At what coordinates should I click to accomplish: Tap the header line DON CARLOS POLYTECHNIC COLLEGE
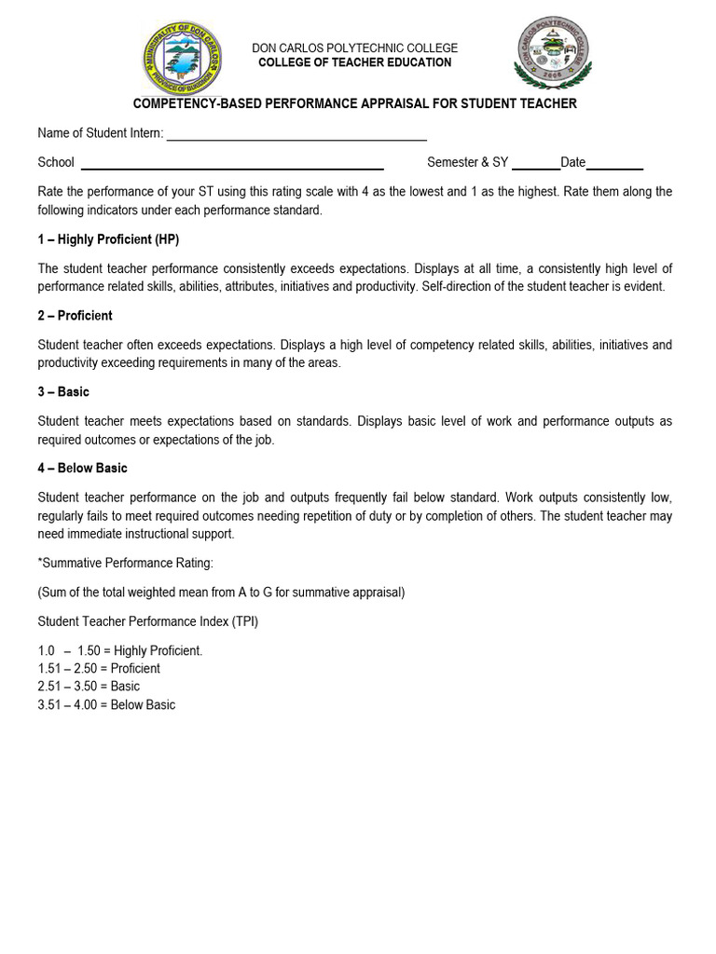[355, 48]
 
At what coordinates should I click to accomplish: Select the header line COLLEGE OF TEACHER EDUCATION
[354, 62]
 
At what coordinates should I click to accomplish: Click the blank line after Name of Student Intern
[296, 137]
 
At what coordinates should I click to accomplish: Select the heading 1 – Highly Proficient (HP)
[108, 239]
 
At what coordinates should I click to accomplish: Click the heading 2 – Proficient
[75, 316]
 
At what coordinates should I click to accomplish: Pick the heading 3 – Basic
[63, 392]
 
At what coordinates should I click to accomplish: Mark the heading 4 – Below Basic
[82, 469]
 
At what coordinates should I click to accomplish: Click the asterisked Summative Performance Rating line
[126, 564]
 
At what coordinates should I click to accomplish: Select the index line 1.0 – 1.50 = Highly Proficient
[119, 651]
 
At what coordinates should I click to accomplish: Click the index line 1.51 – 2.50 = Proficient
[99, 669]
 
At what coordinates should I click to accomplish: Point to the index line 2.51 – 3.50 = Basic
[89, 687]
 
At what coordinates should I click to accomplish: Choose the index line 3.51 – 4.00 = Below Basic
[106, 705]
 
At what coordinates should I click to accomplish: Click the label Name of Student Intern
[100, 133]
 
